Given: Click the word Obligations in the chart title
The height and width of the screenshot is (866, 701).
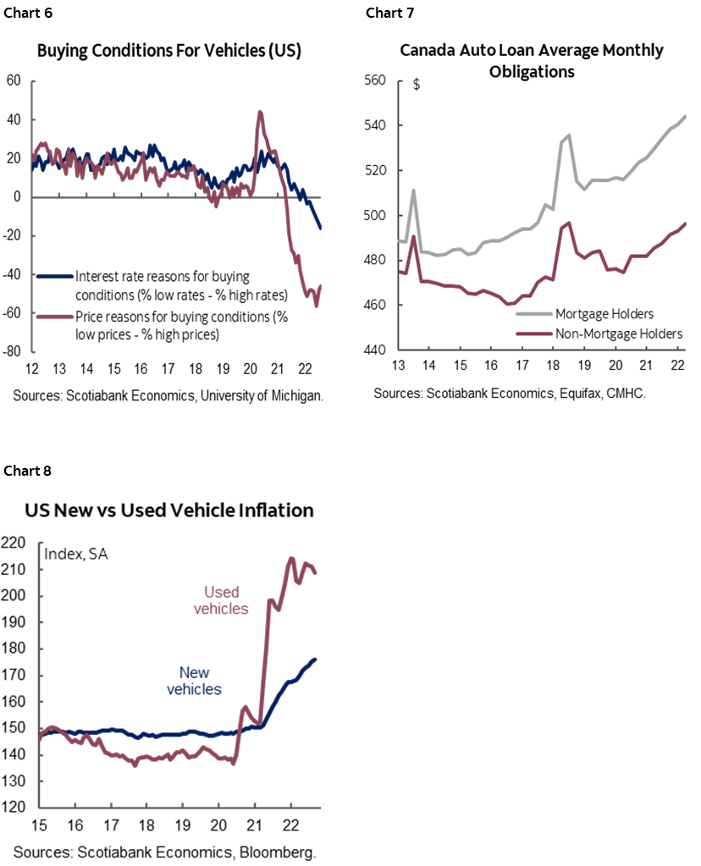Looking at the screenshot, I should coord(532,72).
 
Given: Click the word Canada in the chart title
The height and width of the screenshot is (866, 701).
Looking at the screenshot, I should coord(427,51).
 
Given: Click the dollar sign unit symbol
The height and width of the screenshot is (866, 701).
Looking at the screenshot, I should coord(416,84).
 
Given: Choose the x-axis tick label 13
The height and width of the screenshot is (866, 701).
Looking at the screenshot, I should coord(397,365).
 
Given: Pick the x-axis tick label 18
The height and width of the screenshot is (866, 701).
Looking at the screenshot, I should coord(554,365).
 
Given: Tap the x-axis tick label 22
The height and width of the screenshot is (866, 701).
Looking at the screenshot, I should coord(677,365).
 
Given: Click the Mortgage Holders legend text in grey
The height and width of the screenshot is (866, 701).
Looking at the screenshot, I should coord(604,314).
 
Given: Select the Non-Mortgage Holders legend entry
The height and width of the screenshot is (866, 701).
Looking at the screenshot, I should coord(618,334).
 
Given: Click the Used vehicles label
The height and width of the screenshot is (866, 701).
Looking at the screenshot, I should coord(221,600).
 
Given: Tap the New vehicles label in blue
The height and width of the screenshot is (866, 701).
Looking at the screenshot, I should coord(195,681).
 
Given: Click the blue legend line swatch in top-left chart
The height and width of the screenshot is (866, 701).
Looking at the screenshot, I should coord(55,276).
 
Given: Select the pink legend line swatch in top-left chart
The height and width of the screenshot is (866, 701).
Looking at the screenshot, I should coord(55,317).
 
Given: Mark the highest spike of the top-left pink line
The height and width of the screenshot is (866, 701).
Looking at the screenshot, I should coord(259,111).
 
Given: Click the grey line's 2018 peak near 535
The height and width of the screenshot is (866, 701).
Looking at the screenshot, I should coord(569,135).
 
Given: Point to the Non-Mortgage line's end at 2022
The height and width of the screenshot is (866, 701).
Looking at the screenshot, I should coord(685,223).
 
